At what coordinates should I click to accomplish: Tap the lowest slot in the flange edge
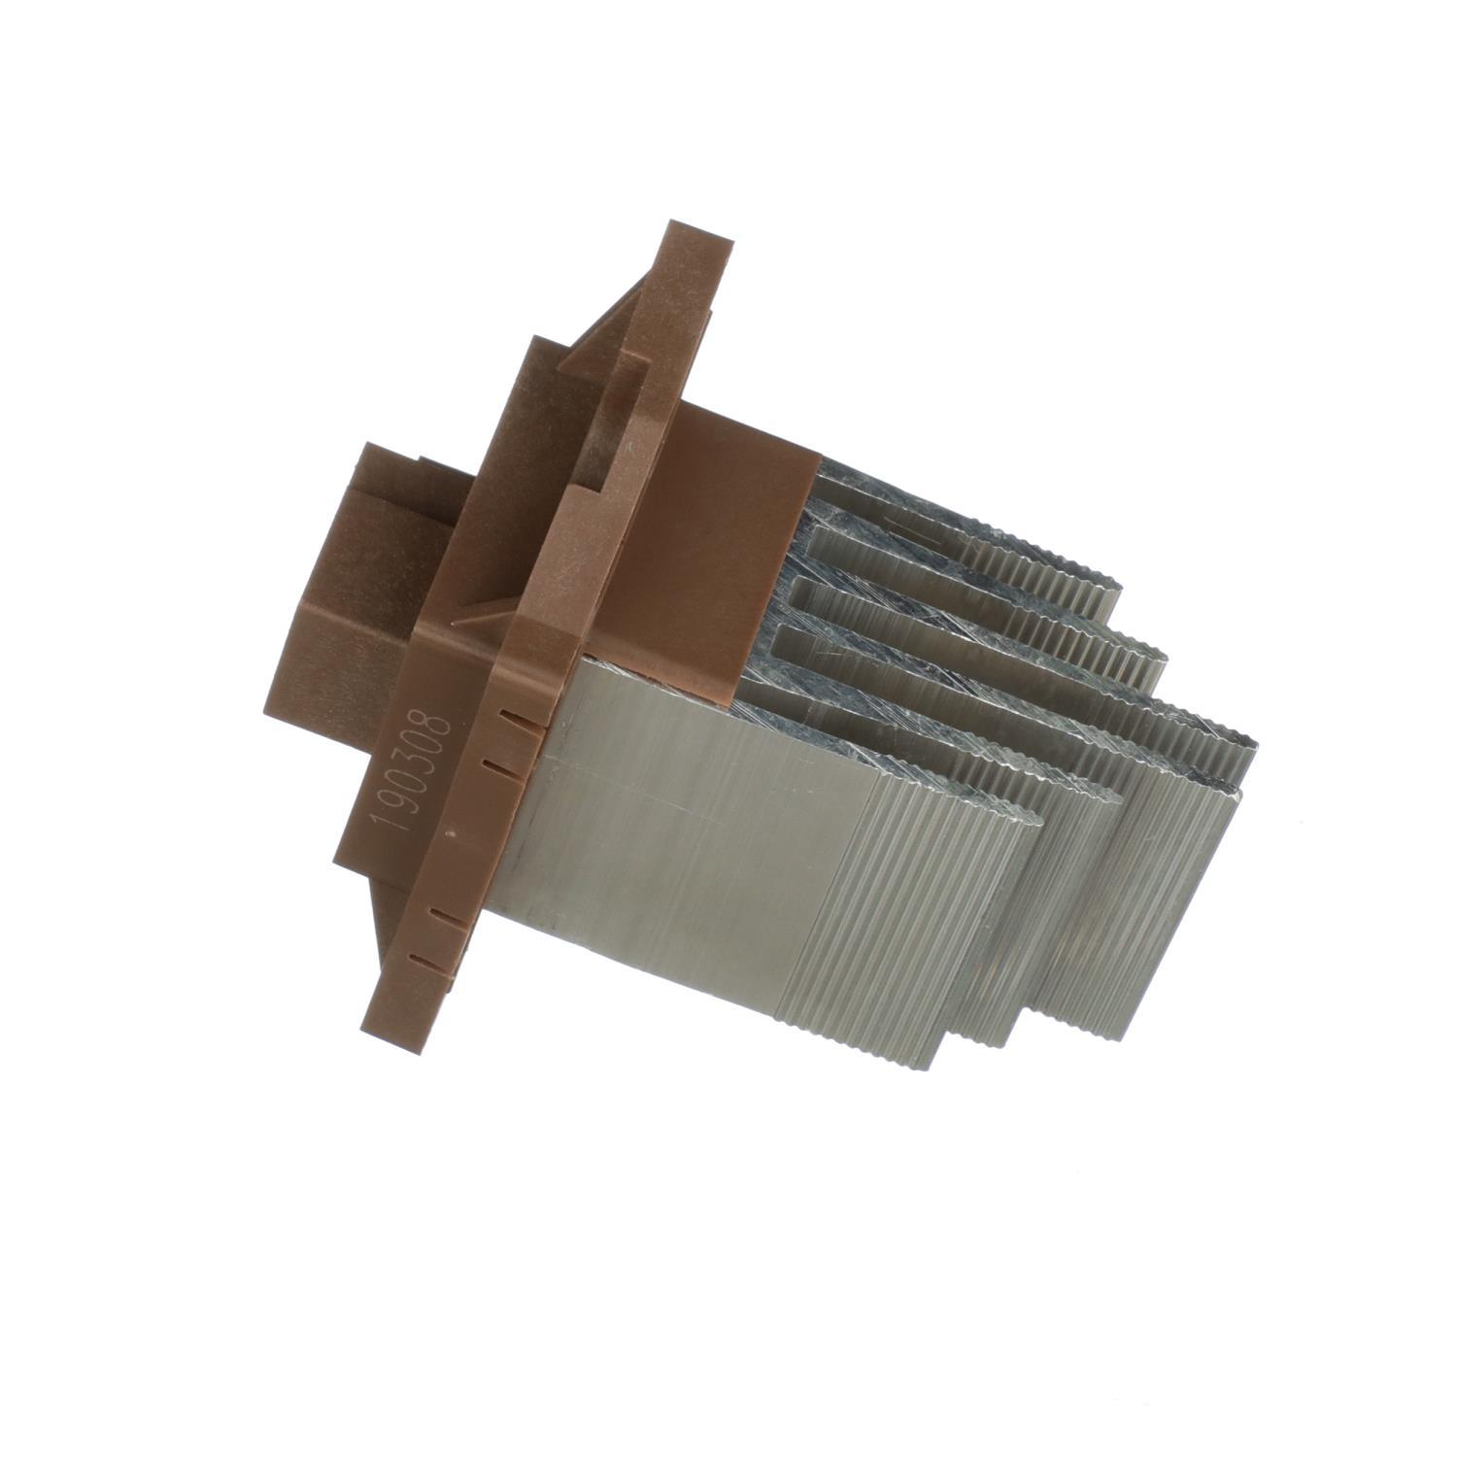click(421, 959)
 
